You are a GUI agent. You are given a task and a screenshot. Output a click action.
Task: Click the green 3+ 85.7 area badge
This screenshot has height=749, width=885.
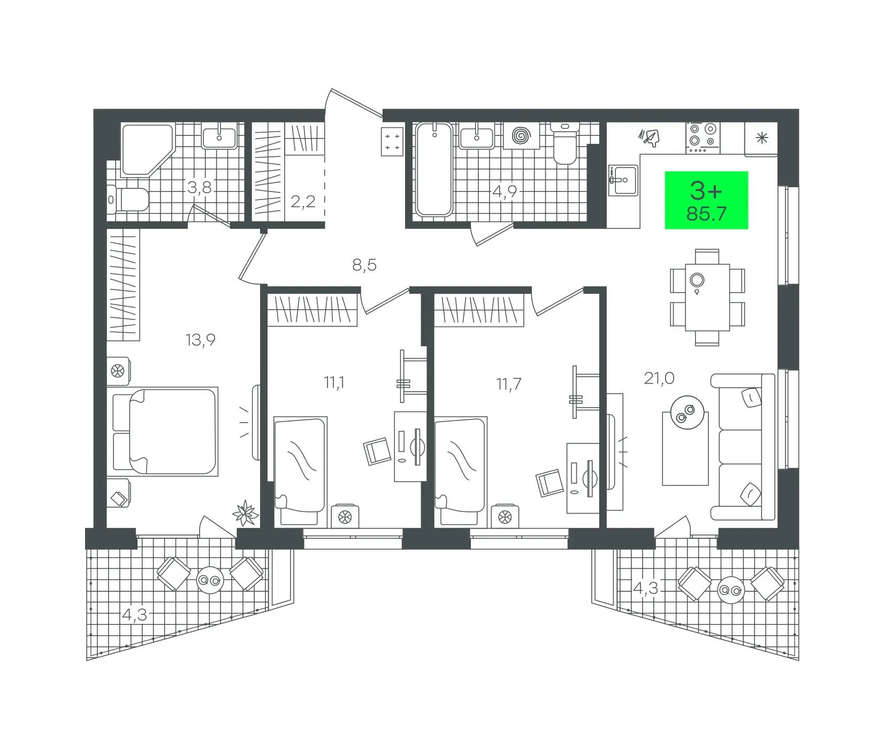706,200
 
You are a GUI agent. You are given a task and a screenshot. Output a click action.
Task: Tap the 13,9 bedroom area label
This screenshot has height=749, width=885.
200,340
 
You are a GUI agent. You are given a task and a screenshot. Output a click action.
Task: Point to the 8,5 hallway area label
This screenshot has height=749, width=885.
364,265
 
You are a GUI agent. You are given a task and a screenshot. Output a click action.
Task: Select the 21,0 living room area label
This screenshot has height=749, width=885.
659,379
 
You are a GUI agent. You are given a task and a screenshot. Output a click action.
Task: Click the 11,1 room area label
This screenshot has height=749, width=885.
334,383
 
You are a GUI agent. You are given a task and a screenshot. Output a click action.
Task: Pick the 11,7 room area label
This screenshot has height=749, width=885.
508,384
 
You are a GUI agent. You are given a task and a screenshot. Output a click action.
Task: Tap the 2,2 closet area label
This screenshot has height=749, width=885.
303,202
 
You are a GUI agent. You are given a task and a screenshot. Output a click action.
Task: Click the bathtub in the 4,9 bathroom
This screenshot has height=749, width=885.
434,170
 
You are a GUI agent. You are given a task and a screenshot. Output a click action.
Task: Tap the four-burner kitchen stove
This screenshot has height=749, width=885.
703,137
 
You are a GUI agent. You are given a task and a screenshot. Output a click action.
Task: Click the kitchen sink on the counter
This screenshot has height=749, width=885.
623,180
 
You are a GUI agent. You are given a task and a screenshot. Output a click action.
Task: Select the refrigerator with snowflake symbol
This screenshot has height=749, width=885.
761,139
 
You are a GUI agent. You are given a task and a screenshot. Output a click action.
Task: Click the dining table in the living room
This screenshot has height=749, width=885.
707,297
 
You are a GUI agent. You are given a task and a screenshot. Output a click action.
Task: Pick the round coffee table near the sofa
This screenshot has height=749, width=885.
685,412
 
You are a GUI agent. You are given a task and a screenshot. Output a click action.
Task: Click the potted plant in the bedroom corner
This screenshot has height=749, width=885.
246,513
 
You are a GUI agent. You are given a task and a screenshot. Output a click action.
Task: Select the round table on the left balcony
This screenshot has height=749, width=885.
209,580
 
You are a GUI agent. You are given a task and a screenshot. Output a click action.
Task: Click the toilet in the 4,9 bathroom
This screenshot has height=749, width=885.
564,143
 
